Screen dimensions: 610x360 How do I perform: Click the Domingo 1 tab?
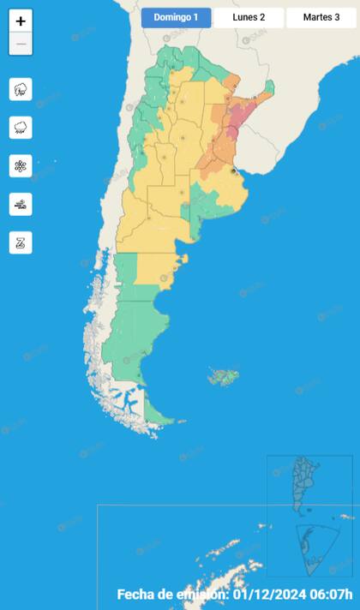click(177, 18)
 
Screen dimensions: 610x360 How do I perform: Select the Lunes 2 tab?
click(249, 18)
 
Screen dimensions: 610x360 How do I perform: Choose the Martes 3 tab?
click(321, 18)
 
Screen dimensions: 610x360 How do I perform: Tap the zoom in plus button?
click(21, 21)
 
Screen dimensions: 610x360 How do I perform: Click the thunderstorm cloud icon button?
click(21, 89)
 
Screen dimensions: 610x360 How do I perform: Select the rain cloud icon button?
click(21, 128)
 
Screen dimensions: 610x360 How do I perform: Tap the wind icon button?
click(21, 204)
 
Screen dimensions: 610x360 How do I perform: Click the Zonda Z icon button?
click(21, 242)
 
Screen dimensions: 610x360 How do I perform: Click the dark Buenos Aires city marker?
click(233, 170)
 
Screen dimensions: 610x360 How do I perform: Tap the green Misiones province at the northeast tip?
click(268, 87)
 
